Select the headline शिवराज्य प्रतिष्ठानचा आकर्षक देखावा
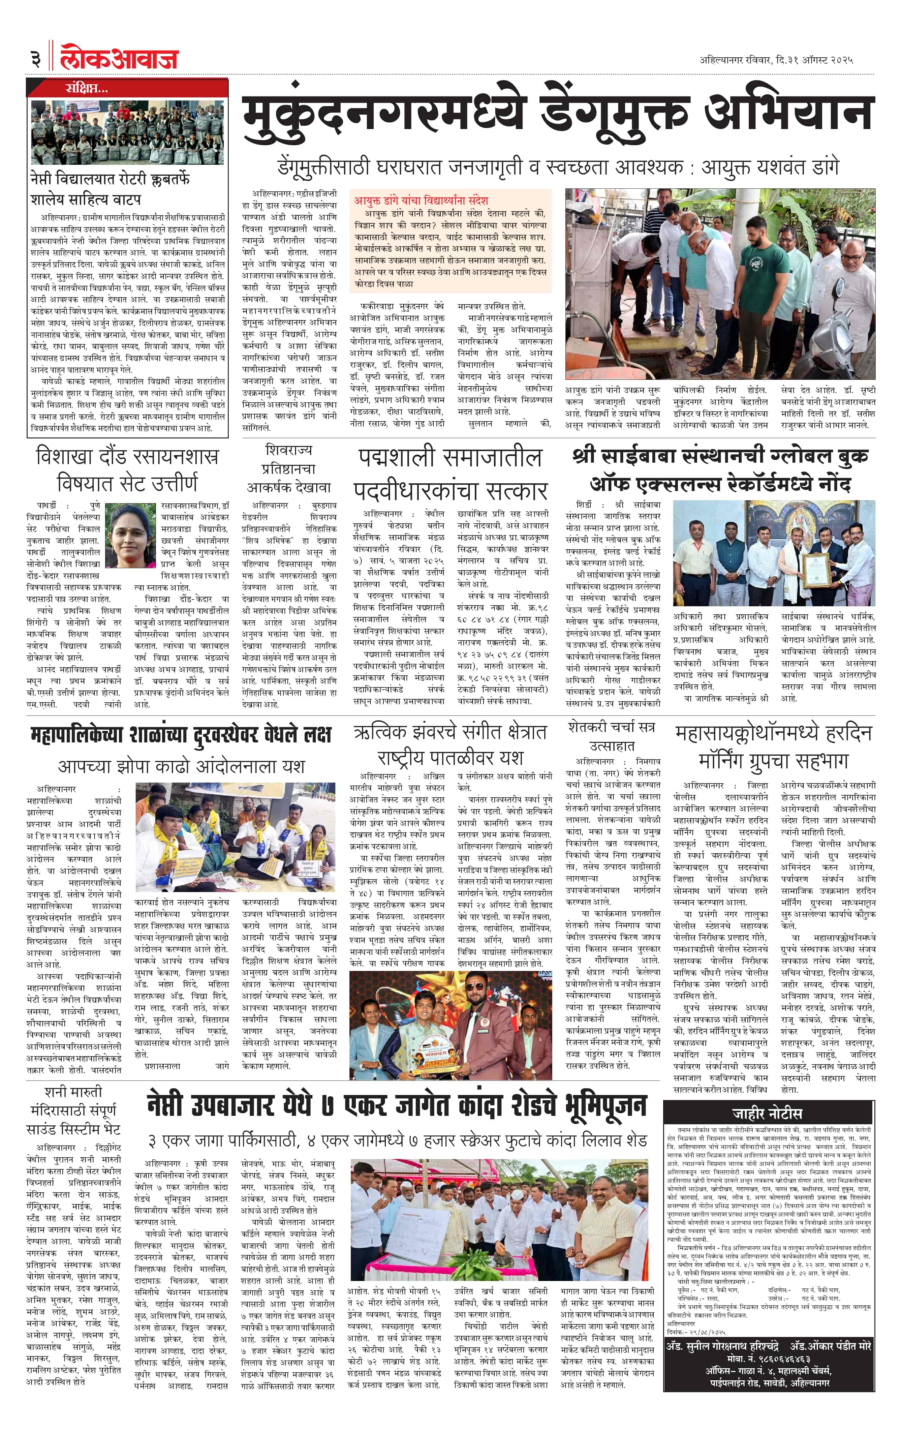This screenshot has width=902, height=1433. click(x=288, y=468)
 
